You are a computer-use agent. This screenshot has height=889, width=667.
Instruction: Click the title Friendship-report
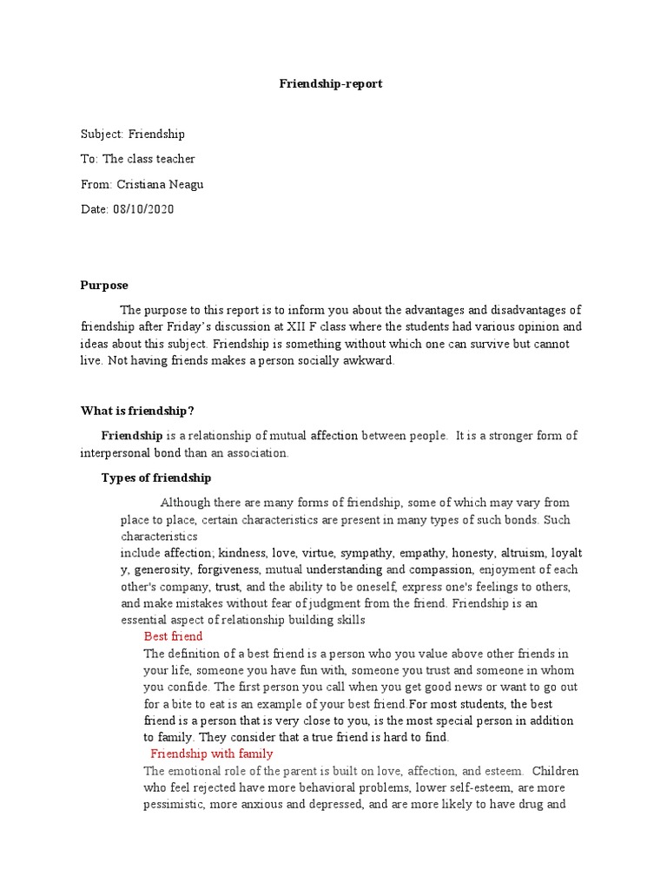tap(329, 84)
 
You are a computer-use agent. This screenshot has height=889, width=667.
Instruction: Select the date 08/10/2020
tap(144, 209)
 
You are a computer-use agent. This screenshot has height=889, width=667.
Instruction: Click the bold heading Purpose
tap(104, 285)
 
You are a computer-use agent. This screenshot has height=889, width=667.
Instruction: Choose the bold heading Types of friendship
tap(156, 477)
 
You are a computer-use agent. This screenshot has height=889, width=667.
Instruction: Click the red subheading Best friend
tap(173, 636)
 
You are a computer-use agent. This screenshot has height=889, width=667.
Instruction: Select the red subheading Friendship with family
tap(212, 754)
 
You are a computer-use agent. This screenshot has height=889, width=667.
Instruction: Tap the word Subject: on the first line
tap(102, 134)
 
